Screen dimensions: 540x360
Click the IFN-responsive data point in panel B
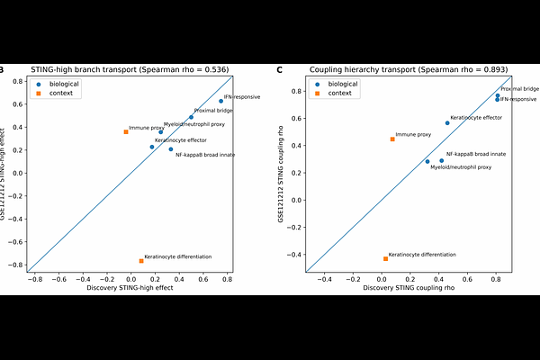click(x=221, y=101)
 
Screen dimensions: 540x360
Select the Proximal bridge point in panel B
click(x=191, y=117)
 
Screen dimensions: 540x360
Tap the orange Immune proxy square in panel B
click(x=126, y=132)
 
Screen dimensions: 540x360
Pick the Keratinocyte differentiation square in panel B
click(x=141, y=261)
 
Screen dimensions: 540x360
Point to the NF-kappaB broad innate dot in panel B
click(x=171, y=149)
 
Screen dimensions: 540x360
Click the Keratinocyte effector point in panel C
click(x=447, y=123)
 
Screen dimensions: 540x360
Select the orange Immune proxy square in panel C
click(x=392, y=139)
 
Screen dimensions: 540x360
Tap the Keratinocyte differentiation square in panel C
click(x=386, y=258)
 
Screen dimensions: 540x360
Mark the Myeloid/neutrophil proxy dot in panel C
click(x=427, y=162)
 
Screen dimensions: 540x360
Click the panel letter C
click(x=279, y=70)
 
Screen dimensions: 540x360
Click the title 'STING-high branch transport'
click(x=84, y=69)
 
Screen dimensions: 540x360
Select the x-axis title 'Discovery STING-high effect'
click(x=130, y=288)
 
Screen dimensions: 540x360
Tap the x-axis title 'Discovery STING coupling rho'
click(x=409, y=288)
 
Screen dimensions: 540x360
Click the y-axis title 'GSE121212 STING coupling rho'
click(x=281, y=174)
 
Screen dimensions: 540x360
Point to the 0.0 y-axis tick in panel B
click(x=18, y=174)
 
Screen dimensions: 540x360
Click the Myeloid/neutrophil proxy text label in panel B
click(x=194, y=124)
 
